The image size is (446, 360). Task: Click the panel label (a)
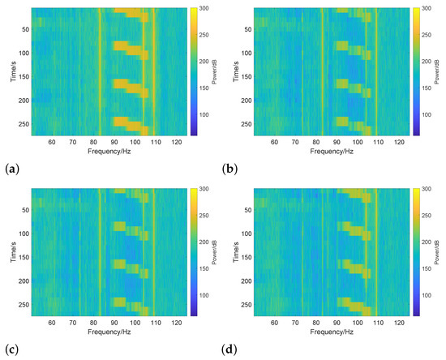point(8,169)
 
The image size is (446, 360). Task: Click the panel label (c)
point(8,350)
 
